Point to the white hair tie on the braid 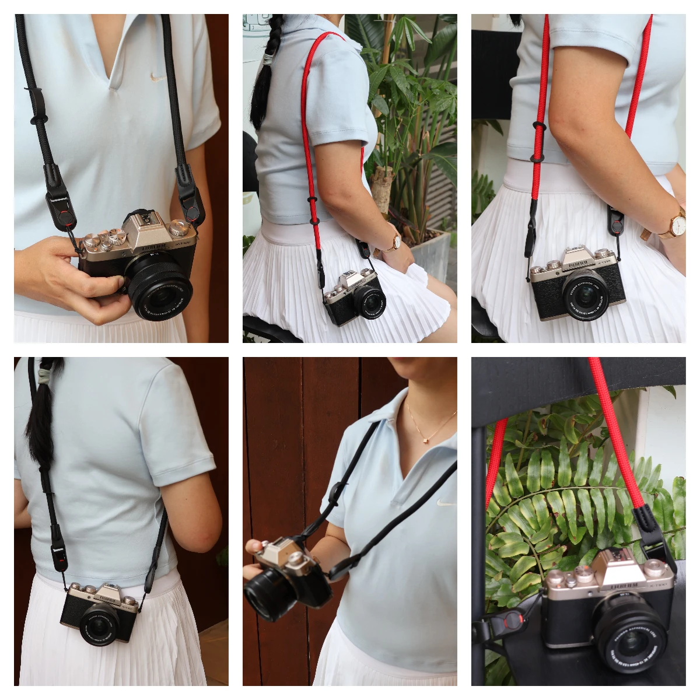click(268, 58)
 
